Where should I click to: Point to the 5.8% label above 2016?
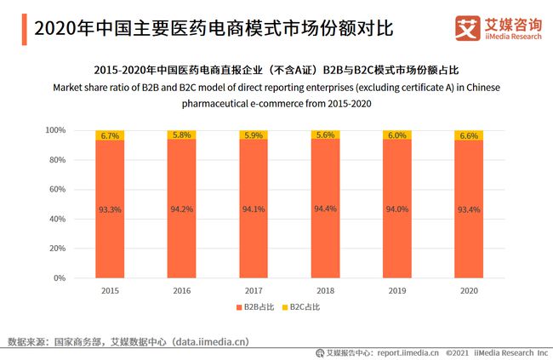pos(181,135)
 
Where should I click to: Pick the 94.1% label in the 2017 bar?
pos(253,209)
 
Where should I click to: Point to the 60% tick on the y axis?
pos(55,189)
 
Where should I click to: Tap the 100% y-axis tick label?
pos(54,130)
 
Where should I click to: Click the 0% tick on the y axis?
pos(58,278)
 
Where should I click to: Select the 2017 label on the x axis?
pos(253,289)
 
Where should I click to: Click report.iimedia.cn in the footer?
pos(408,352)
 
